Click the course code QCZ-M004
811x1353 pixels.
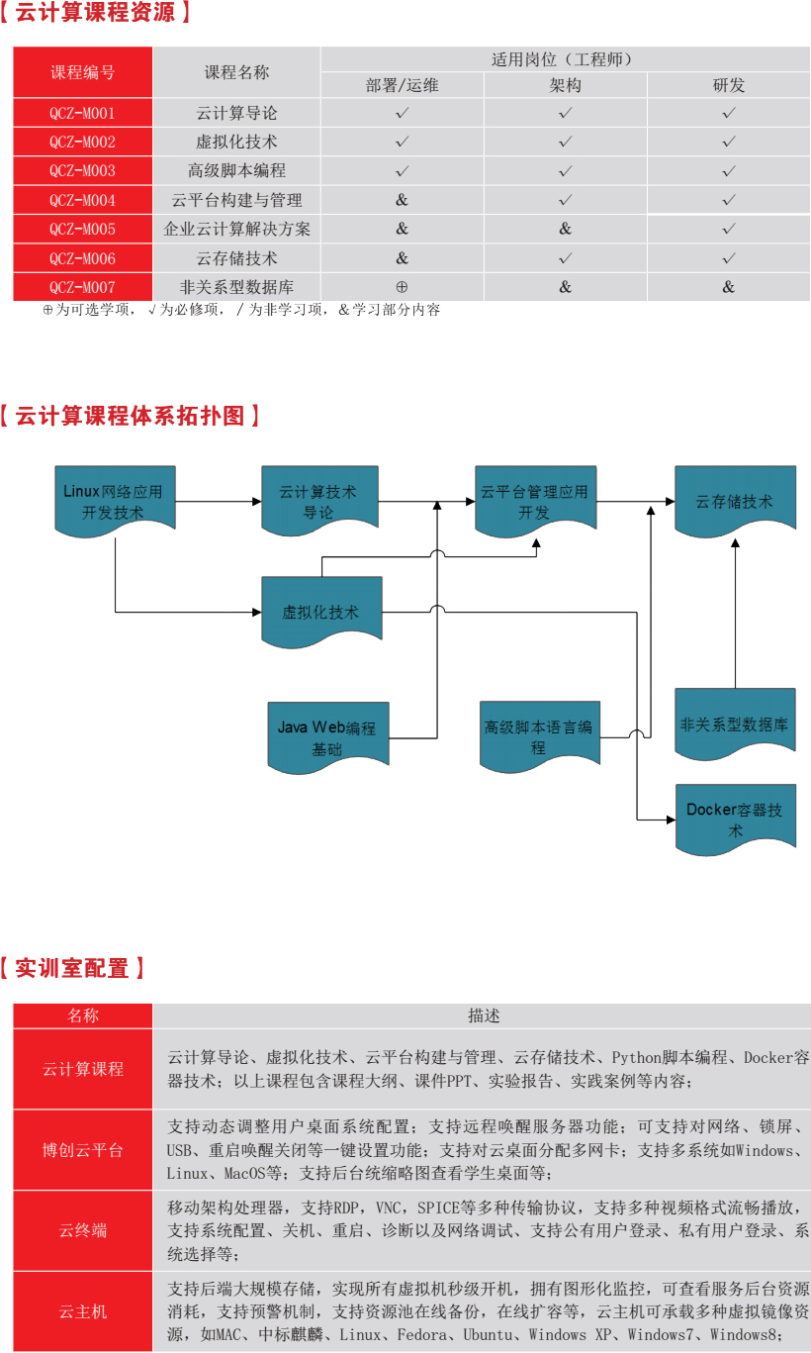pos(82,200)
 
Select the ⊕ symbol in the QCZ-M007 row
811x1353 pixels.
pos(402,287)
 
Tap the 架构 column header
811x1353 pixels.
pos(565,85)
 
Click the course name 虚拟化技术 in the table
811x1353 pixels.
pos(236,142)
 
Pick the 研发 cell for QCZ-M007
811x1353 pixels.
pos(728,287)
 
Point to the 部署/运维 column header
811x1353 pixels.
pos(402,85)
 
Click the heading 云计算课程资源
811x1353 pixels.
pos(95,12)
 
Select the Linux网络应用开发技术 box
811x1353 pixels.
pos(115,501)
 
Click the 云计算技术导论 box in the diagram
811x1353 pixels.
pos(319,501)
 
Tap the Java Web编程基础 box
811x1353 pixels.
pos(328,737)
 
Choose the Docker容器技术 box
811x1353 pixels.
pos(736,820)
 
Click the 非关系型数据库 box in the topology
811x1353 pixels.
pos(735,724)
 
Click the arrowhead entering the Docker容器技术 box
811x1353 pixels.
pos(671,820)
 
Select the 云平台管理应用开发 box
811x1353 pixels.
pos(536,501)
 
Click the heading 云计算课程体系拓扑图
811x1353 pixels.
pos(130,416)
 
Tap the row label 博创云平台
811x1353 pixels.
pos(83,1150)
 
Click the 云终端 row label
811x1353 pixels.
pos(83,1230)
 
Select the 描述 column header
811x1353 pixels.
pos(484,1015)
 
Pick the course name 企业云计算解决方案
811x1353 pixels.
pos(236,229)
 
